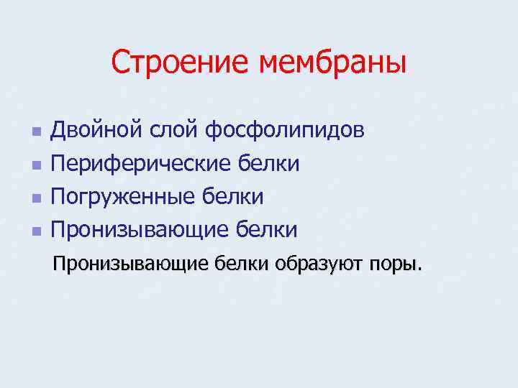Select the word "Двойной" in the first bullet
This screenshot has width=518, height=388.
(x=98, y=131)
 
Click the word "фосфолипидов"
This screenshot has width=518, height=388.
(x=285, y=131)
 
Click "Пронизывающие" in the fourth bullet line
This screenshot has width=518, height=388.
(x=139, y=230)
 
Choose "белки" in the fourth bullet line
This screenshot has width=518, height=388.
(x=265, y=229)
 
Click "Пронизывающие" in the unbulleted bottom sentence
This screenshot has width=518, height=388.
(x=130, y=264)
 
